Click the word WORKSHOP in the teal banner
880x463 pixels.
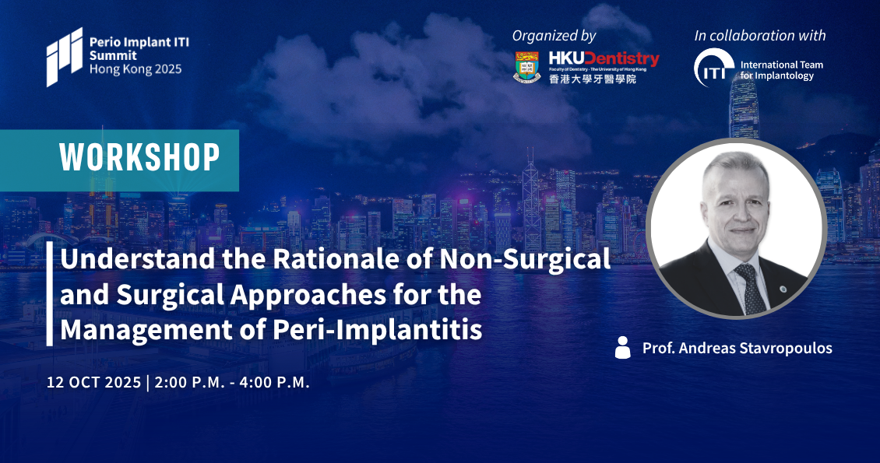[x=139, y=157]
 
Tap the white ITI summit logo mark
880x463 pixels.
[x=65, y=57]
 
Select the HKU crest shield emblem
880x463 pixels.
[x=527, y=67]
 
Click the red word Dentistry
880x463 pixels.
[x=621, y=58]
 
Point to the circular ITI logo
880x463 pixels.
[x=713, y=68]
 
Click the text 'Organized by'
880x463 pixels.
[x=554, y=36]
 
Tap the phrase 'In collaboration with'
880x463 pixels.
[x=760, y=35]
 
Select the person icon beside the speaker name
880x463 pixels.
[x=622, y=348]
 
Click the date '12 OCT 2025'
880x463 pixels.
[x=93, y=382]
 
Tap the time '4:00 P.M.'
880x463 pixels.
[x=274, y=382]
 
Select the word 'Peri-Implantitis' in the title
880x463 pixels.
[x=377, y=330]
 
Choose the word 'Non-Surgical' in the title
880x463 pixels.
[x=526, y=259]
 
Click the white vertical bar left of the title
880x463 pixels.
[x=49, y=293]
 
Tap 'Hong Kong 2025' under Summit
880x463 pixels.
[x=136, y=69]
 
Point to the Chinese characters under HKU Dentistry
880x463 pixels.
[x=593, y=79]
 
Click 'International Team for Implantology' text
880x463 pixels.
[x=781, y=70]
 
